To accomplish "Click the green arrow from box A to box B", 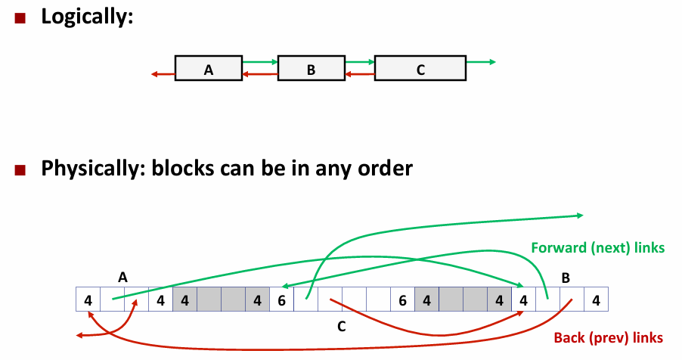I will point(260,62).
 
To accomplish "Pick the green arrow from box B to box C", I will point(360,62).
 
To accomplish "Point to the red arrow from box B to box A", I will point(260,74).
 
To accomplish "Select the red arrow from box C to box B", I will point(360,74).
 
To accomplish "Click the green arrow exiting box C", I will point(481,62).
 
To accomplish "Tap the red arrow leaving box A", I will point(163,74).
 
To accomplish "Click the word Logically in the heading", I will point(86,17).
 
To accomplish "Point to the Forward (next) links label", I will point(597,247).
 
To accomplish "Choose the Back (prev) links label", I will point(608,337).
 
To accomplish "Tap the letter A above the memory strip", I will point(122,278).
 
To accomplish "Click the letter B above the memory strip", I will point(565,278).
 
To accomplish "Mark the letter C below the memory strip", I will point(341,327).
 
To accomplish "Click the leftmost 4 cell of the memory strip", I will point(88,300).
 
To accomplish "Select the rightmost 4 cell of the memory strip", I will point(596,300).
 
